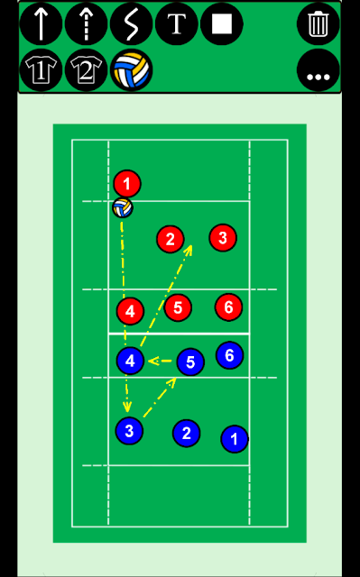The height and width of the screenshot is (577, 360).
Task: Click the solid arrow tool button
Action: [x=41, y=24]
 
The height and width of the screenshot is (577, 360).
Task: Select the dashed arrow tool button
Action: [x=86, y=24]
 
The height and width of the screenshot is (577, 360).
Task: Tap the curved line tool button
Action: [x=132, y=24]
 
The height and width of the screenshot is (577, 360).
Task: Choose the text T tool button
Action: [x=177, y=24]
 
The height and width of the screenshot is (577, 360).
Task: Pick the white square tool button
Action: [x=222, y=24]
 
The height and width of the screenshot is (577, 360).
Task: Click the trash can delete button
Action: [x=318, y=24]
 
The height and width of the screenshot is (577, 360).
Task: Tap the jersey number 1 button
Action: [x=41, y=70]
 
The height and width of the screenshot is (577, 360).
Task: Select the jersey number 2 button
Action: [x=86, y=70]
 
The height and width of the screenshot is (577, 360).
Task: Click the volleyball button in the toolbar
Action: [x=132, y=70]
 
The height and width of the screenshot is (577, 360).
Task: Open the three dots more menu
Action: [x=318, y=70]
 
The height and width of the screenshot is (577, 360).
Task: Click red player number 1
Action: [x=127, y=183]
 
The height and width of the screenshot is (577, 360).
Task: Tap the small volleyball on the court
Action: [x=123, y=208]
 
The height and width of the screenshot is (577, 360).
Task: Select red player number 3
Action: [x=223, y=238]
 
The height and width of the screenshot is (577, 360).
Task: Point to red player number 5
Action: [x=178, y=307]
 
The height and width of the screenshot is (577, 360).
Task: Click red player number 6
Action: [x=228, y=307]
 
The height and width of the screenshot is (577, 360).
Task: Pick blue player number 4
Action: [x=130, y=361]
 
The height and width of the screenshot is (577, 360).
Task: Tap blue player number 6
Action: [x=229, y=355]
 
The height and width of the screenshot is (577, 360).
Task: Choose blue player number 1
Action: [x=235, y=439]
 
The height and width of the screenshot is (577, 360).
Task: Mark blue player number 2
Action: [x=186, y=433]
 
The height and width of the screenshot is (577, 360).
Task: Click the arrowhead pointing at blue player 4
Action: [x=152, y=361]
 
